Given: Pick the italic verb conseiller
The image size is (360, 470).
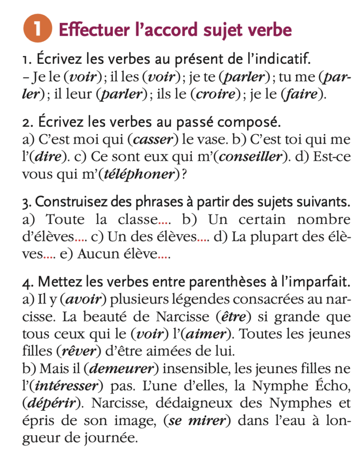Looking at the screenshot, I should [250, 157].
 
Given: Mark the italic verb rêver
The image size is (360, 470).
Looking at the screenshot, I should [78, 352].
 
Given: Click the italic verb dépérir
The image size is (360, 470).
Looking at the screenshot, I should [48, 403].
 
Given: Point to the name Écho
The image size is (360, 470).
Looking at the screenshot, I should [330, 386].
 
